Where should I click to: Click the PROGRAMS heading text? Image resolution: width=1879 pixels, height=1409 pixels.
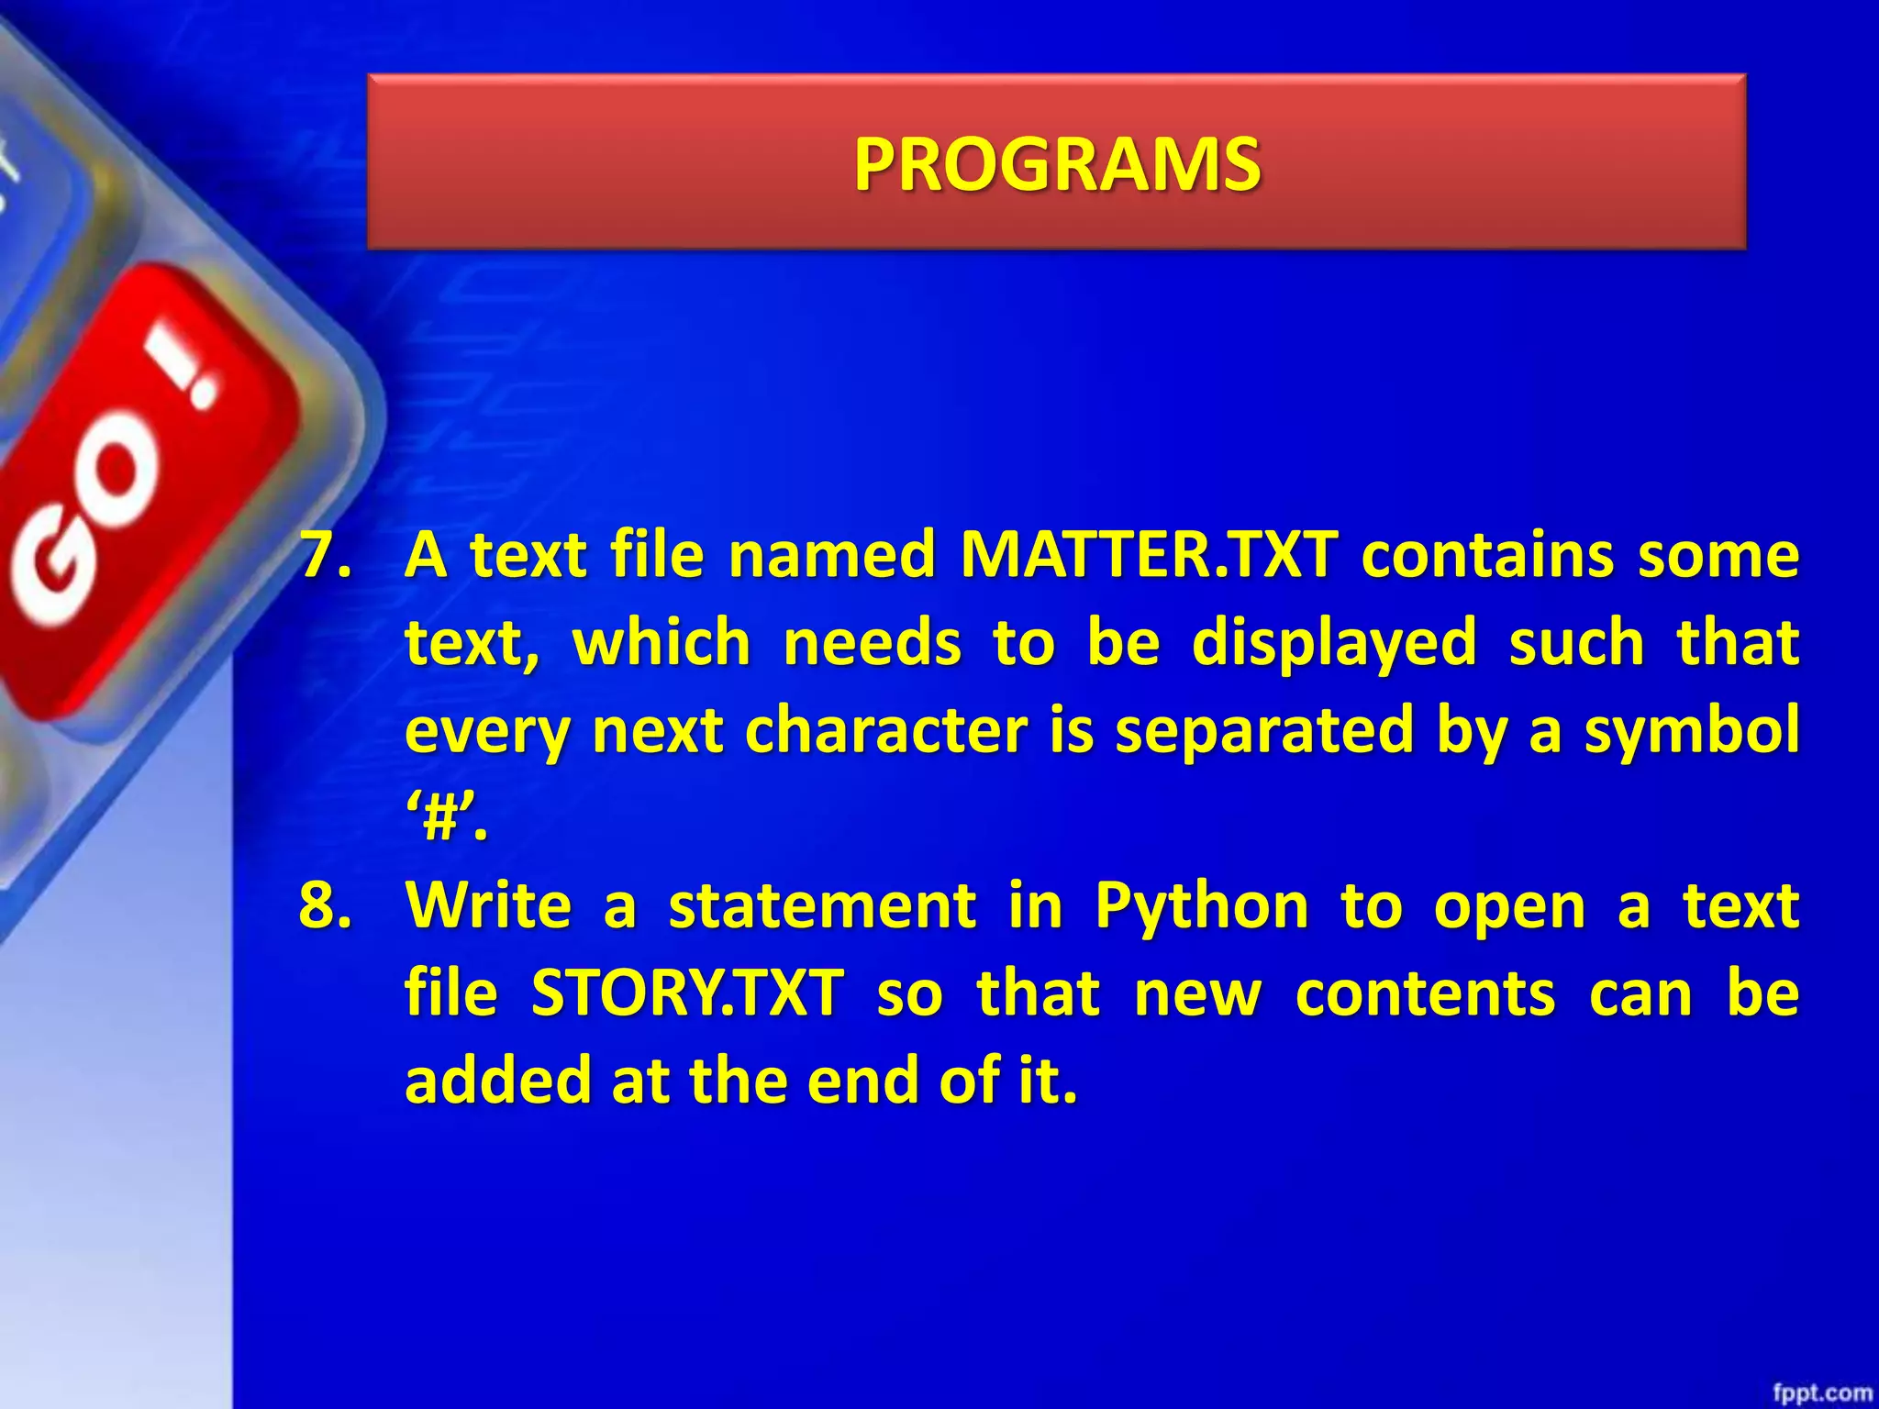(x=1057, y=165)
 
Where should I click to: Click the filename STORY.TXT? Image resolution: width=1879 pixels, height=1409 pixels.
(x=687, y=993)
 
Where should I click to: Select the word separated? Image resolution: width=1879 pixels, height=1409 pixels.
(x=1263, y=731)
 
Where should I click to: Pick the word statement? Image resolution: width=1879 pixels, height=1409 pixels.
(x=822, y=905)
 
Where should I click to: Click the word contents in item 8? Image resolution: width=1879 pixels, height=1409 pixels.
(x=1425, y=993)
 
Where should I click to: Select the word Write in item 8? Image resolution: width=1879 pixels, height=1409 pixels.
(x=489, y=905)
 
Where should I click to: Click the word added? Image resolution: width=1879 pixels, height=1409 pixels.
(x=496, y=1081)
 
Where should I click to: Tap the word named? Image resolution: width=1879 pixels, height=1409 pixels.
(x=831, y=555)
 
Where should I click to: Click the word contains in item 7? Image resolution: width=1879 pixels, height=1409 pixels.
(x=1486, y=555)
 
